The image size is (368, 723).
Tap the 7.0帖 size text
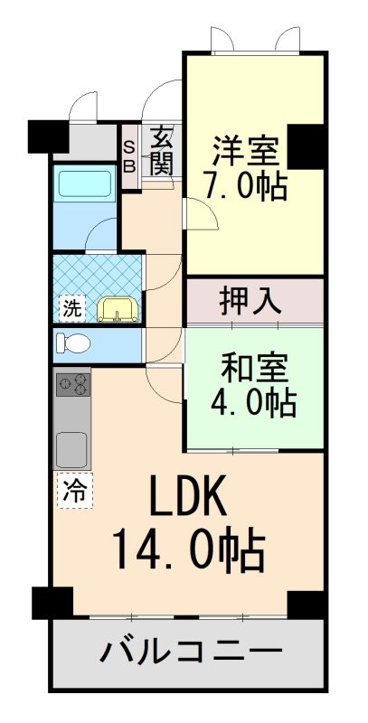tap(246, 186)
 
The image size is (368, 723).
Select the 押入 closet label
tap(250, 302)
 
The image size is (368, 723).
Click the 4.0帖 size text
tap(252, 402)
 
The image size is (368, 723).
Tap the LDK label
tap(189, 495)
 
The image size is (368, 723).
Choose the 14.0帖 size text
tap(189, 551)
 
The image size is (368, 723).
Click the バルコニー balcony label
tap(191, 652)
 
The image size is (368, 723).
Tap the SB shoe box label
tap(130, 157)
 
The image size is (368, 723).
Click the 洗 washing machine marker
tap(72, 308)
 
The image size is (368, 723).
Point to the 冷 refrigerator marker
tap(74, 490)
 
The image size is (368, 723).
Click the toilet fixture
tap(73, 343)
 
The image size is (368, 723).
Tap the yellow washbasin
tap(118, 309)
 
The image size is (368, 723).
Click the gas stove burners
tap(73, 384)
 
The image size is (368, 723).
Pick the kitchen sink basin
tap(71, 448)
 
